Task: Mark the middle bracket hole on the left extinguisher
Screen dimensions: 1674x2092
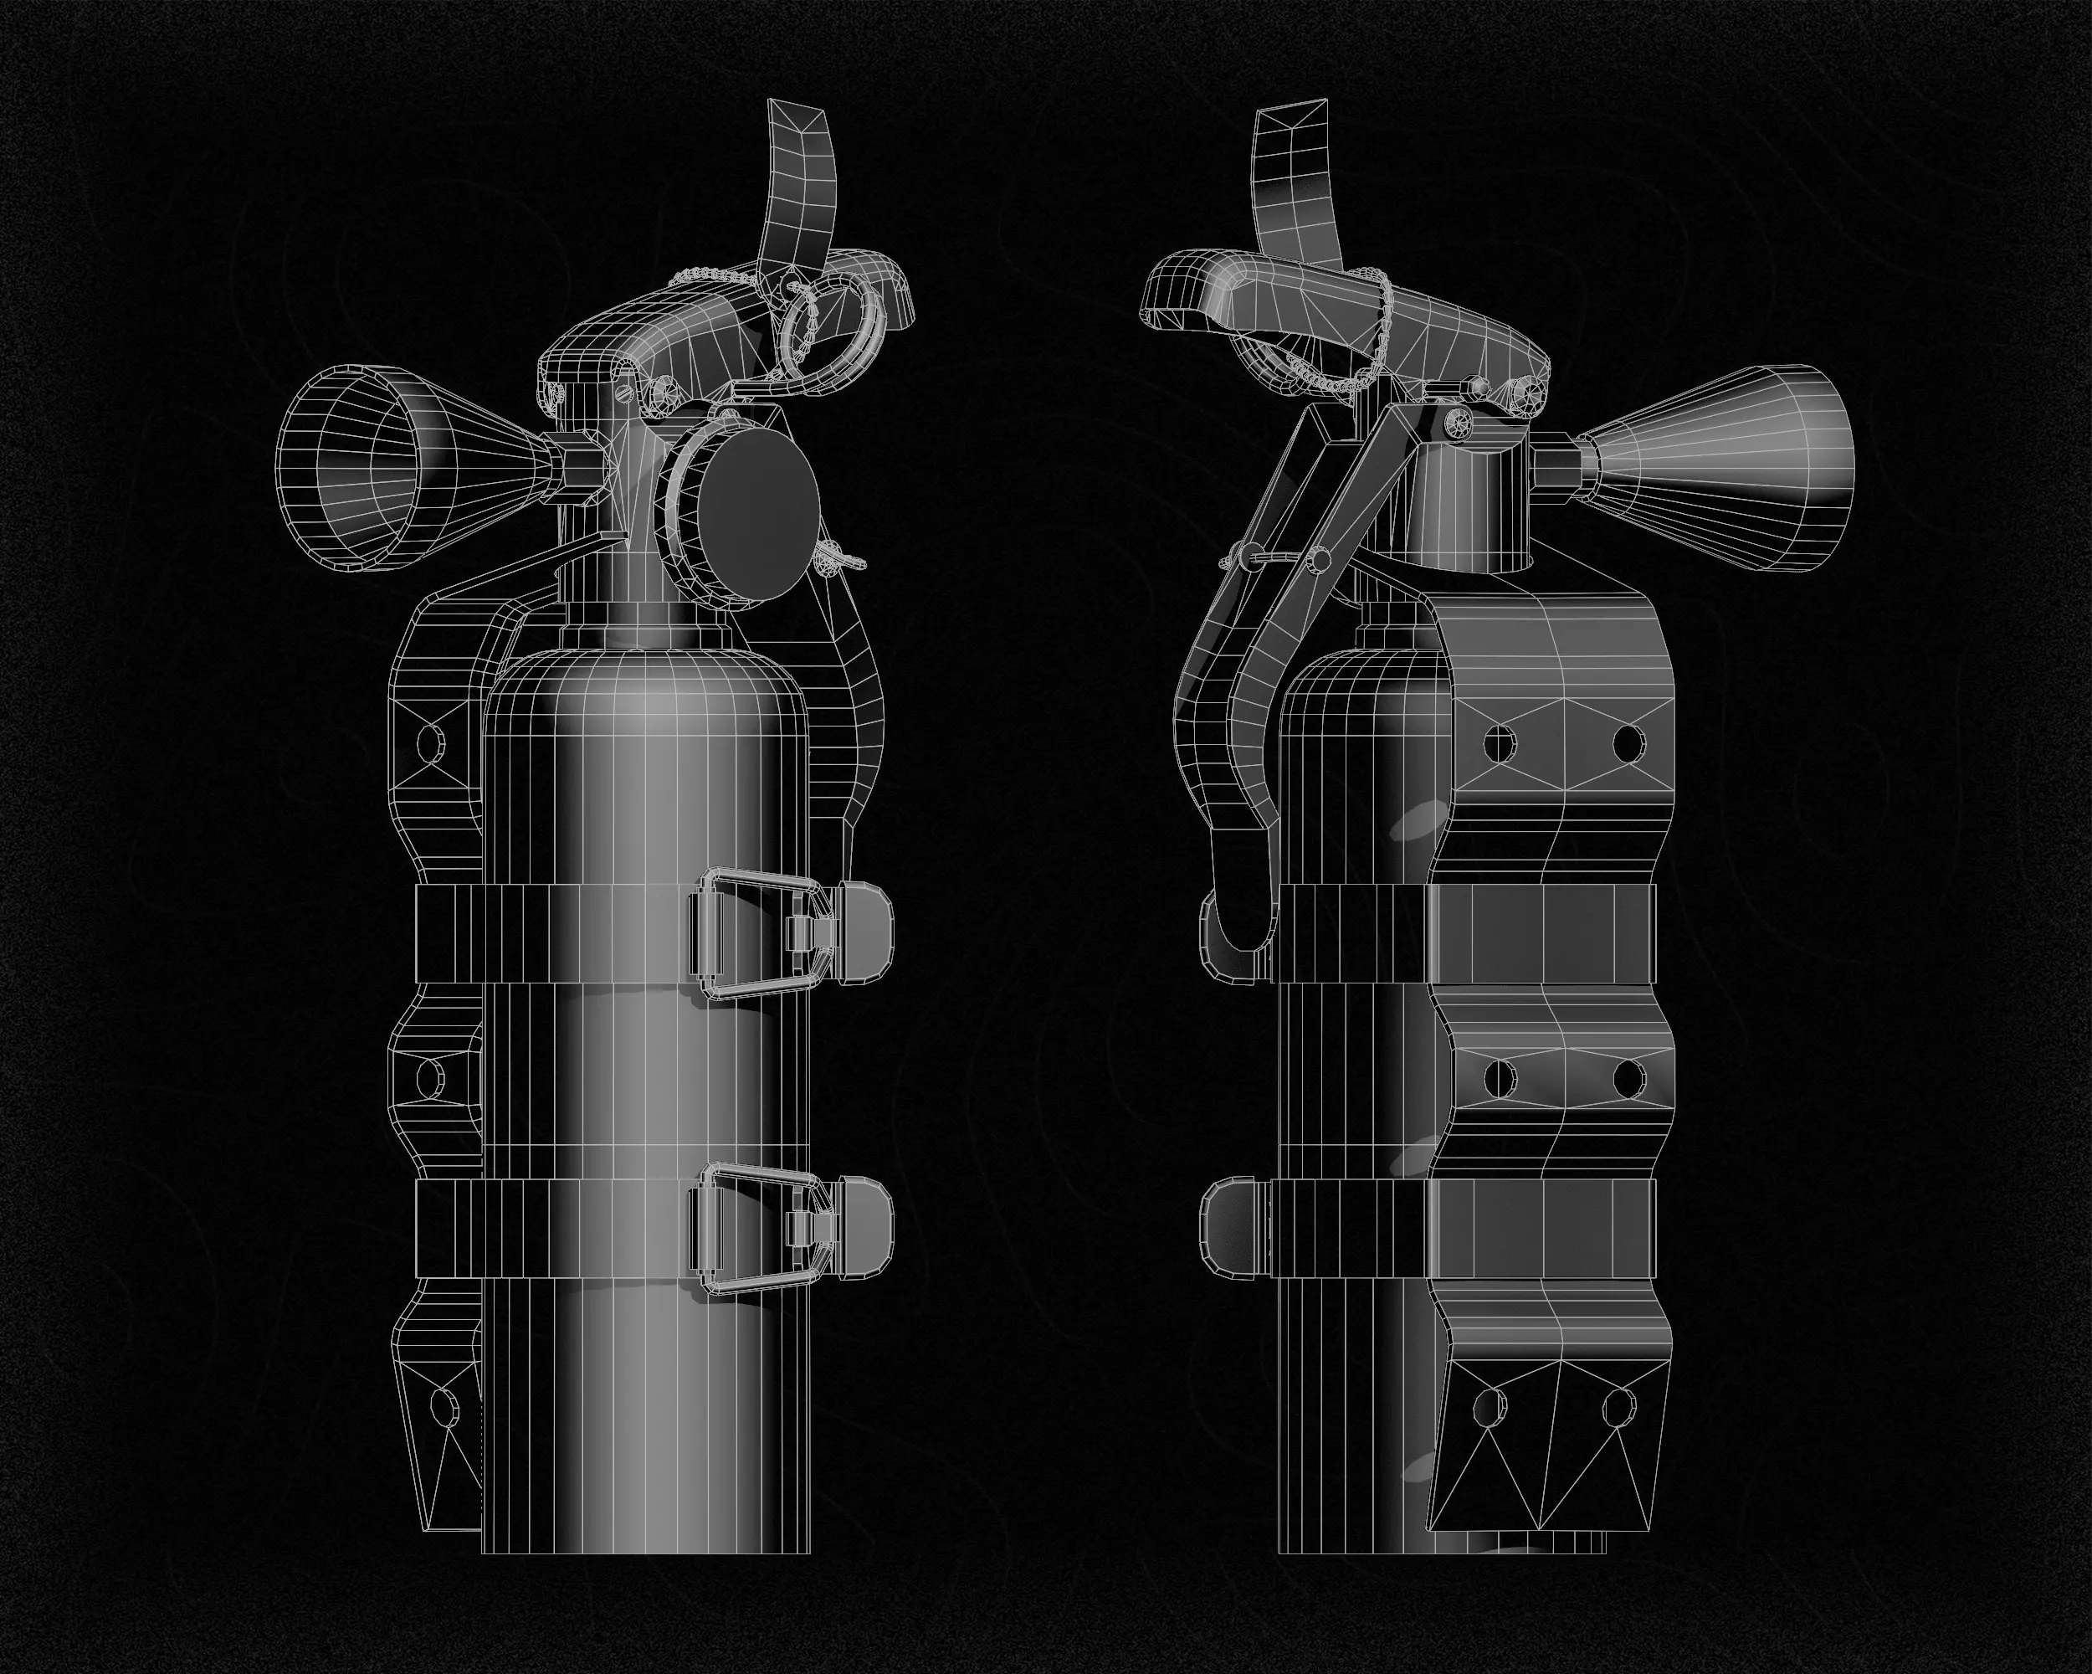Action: pyautogui.click(x=430, y=1076)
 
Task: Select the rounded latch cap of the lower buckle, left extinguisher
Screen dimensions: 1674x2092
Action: pyautogui.click(x=862, y=1225)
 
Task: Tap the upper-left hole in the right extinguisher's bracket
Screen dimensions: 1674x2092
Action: pyautogui.click(x=1501, y=743)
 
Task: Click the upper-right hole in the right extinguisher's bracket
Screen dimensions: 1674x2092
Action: pyautogui.click(x=1629, y=743)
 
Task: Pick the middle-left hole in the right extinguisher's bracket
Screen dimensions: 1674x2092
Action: pyautogui.click(x=1501, y=1076)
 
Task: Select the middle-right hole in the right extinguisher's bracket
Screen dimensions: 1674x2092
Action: pyautogui.click(x=1629, y=1077)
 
